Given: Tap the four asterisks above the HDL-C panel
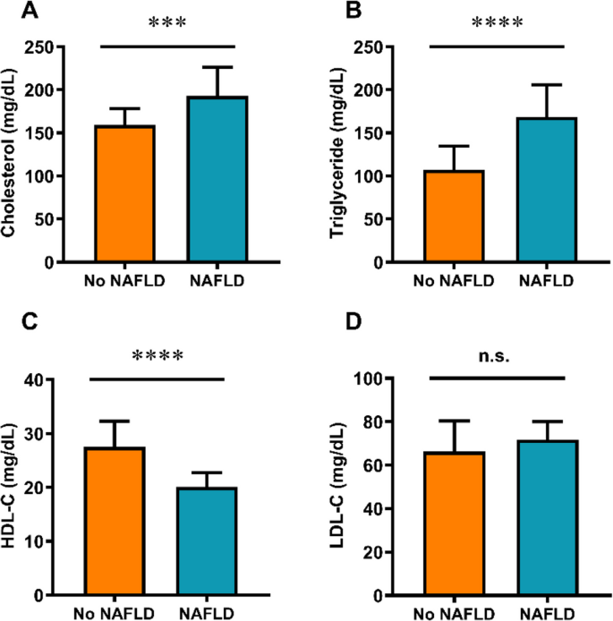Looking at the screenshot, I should coord(157,356).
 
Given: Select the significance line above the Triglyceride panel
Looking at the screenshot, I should coord(498,46).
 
